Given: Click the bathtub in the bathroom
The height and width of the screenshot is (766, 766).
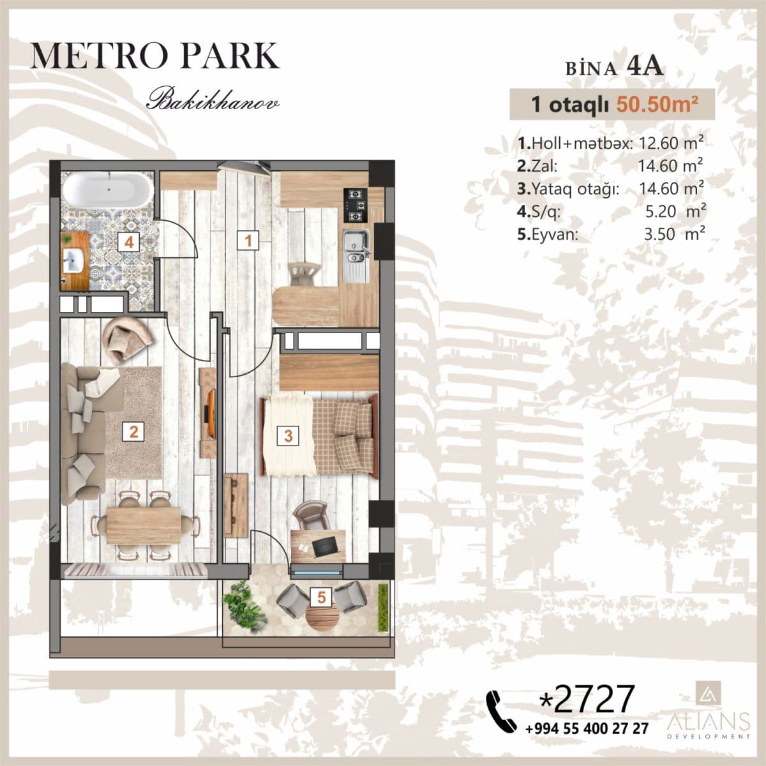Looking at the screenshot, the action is click(x=107, y=190).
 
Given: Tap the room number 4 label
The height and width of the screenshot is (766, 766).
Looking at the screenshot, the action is click(x=129, y=241).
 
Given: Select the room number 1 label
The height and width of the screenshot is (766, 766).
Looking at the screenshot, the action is click(x=248, y=241).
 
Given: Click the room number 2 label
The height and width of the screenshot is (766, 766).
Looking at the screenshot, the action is click(x=133, y=432).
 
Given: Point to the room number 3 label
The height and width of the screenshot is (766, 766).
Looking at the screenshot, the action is click(x=288, y=435).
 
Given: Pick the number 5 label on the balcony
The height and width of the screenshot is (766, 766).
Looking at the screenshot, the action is click(x=322, y=597).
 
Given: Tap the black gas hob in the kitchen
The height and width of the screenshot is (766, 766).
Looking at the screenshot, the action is click(x=356, y=205).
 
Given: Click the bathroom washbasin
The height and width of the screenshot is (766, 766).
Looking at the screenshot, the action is click(x=73, y=260).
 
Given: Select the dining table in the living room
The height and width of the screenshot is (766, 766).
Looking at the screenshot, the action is click(x=144, y=525).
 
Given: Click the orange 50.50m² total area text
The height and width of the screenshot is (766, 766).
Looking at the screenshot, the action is click(x=657, y=105).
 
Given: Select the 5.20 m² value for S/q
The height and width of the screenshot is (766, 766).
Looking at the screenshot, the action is click(x=675, y=211).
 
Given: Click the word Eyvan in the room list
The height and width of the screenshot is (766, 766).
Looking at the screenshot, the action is click(x=555, y=235).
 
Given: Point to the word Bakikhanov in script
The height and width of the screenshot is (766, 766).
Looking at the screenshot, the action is click(x=213, y=99).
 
